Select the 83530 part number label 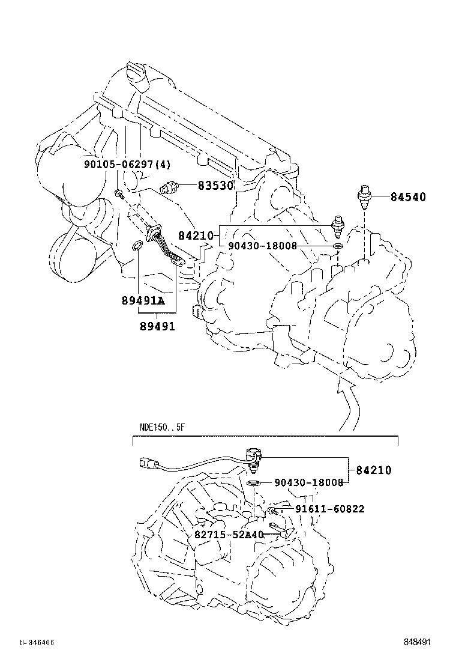(215, 186)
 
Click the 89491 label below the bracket (157, 326)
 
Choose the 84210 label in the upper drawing (196, 236)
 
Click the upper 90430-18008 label (262, 246)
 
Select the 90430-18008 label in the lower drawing (309, 482)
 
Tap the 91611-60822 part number (329, 509)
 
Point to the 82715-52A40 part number (229, 535)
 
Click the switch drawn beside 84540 (364, 197)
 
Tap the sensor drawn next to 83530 (170, 186)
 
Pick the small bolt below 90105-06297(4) (119, 193)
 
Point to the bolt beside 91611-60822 (273, 510)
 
